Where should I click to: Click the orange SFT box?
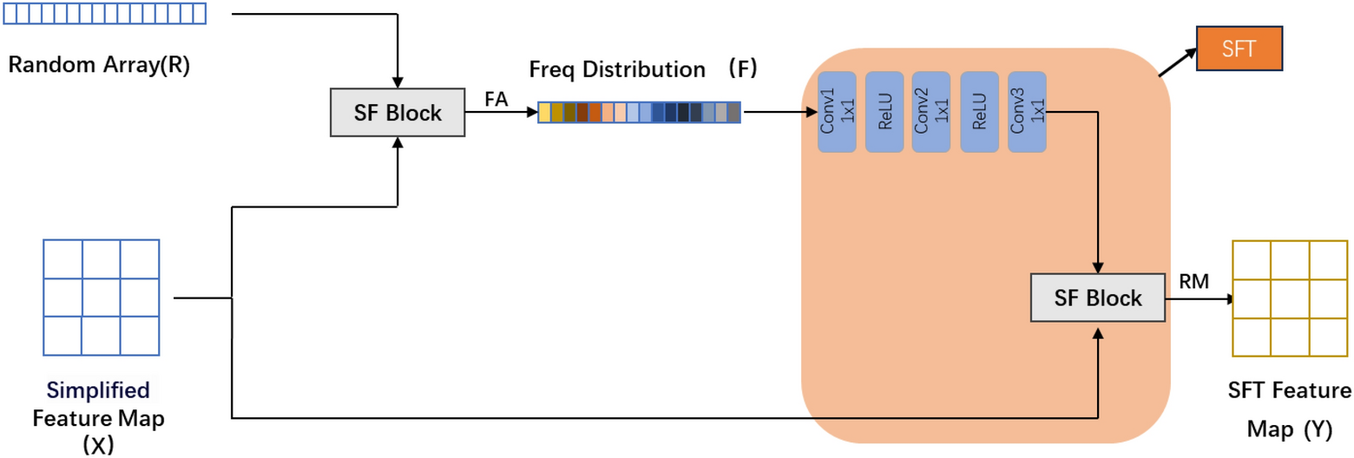click(x=1239, y=49)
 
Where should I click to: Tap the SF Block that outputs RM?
click(x=1098, y=298)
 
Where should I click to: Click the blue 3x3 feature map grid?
click(x=101, y=298)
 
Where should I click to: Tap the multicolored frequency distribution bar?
click(x=639, y=113)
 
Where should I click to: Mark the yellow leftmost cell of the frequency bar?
click(x=544, y=113)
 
